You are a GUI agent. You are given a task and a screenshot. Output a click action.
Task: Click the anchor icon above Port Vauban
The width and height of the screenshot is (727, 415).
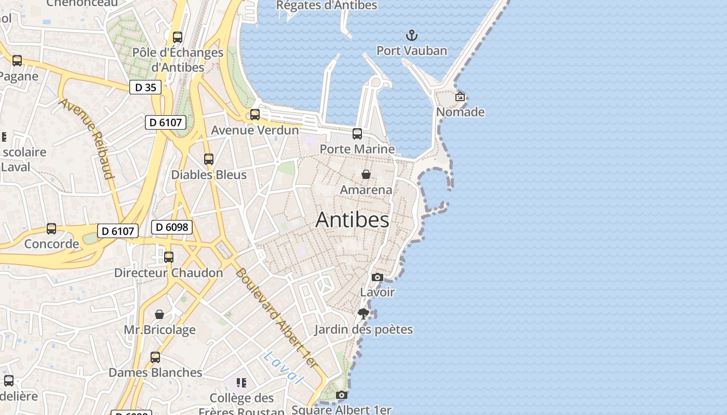click(411, 36)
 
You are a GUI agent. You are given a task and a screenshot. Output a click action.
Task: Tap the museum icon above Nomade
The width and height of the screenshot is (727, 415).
click(460, 96)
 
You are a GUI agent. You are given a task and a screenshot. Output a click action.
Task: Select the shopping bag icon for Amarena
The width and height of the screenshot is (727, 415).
click(366, 174)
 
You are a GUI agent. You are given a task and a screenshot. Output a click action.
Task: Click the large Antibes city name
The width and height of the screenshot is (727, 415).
click(352, 219)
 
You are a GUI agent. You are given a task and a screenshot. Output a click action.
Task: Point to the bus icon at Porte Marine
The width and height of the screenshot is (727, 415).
click(357, 134)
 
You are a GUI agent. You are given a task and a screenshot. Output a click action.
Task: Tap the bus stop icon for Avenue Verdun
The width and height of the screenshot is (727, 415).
click(255, 115)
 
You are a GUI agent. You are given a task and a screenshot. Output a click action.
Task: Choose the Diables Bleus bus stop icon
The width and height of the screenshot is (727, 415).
click(209, 159)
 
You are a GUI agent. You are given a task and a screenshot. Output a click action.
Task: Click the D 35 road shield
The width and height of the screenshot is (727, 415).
click(145, 87)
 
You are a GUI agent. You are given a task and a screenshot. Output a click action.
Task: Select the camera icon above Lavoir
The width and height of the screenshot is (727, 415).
click(378, 277)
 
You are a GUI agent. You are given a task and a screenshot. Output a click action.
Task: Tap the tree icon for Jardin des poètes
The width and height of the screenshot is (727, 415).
click(363, 313)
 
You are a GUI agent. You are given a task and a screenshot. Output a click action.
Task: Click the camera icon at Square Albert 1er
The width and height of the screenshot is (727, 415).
click(341, 395)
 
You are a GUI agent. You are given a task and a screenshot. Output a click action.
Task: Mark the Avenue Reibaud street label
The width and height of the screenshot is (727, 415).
click(87, 138)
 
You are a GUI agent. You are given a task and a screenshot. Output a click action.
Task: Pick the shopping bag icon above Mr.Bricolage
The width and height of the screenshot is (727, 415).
click(159, 314)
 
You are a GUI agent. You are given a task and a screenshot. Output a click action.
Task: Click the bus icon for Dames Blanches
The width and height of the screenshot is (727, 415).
click(155, 357)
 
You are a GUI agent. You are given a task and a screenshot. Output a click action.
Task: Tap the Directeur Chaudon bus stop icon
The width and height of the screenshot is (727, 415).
click(169, 257)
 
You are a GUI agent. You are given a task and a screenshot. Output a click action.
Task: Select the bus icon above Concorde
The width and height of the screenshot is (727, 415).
click(51, 229)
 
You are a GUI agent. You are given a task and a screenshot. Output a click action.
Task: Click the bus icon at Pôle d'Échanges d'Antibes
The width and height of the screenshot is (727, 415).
click(178, 37)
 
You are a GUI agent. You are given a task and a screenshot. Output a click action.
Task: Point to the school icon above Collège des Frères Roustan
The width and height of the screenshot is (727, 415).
click(241, 383)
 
